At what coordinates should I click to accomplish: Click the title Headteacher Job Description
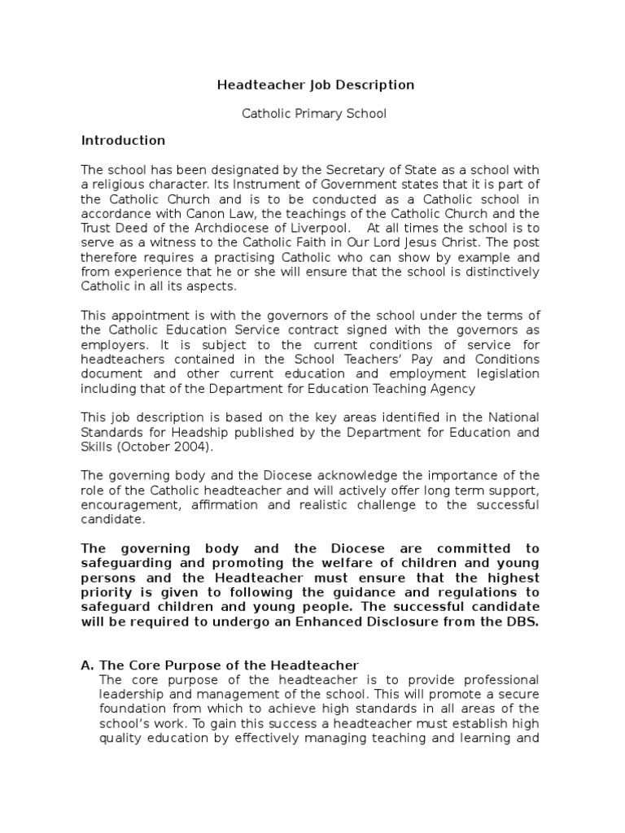(x=315, y=85)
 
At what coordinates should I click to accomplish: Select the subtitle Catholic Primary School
(x=314, y=114)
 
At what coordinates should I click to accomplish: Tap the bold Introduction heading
(x=123, y=140)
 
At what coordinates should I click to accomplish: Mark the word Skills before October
(x=98, y=447)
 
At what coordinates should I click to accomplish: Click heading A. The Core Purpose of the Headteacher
(x=220, y=665)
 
